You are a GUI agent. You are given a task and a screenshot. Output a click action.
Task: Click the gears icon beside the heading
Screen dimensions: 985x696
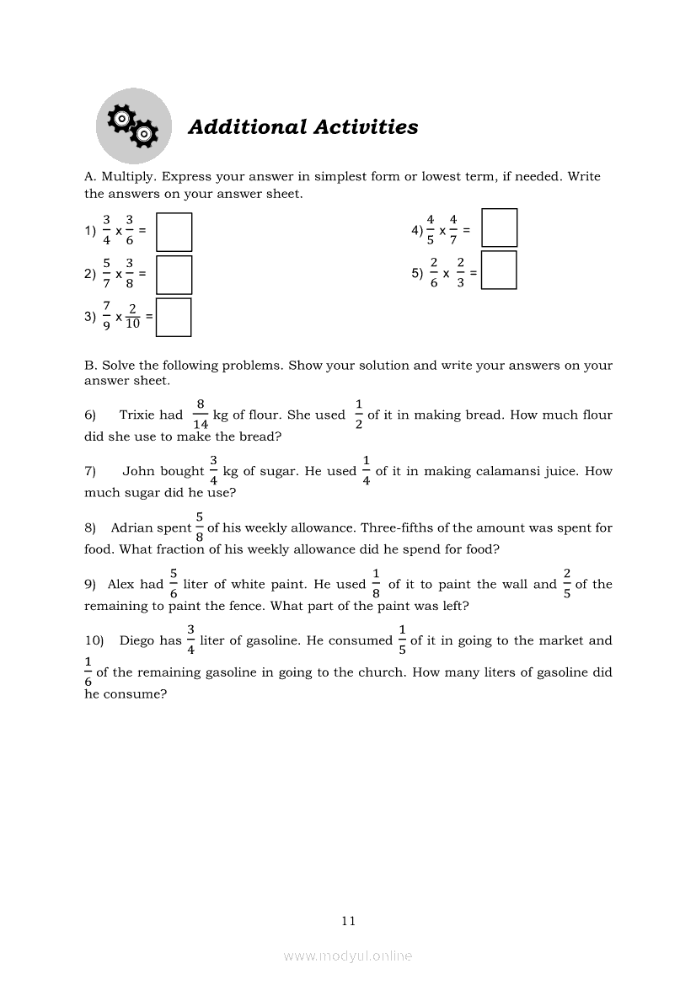(x=133, y=126)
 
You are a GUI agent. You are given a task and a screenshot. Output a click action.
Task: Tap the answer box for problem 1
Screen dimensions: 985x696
(x=174, y=232)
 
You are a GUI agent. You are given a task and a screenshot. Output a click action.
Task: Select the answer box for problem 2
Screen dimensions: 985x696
(x=174, y=275)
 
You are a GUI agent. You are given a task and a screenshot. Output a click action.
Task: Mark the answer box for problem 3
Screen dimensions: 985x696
(x=174, y=318)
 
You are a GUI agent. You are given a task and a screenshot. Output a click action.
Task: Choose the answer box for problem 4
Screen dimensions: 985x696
(x=500, y=228)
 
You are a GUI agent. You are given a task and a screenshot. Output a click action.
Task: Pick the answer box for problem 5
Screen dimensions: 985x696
(x=499, y=270)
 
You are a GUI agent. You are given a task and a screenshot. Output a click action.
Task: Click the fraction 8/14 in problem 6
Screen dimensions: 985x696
(x=201, y=415)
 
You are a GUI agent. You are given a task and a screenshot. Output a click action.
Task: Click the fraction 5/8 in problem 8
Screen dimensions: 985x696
(x=200, y=527)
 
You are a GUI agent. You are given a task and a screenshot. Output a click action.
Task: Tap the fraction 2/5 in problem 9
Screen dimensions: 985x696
(x=567, y=584)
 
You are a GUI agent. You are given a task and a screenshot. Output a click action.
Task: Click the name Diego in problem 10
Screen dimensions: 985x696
(x=137, y=640)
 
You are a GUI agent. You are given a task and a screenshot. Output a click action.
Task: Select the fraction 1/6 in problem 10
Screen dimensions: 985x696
(x=88, y=672)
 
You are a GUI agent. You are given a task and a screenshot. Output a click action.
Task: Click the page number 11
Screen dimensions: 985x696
(x=349, y=921)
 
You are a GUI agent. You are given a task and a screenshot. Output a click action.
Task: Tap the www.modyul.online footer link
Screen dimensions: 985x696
(x=348, y=956)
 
